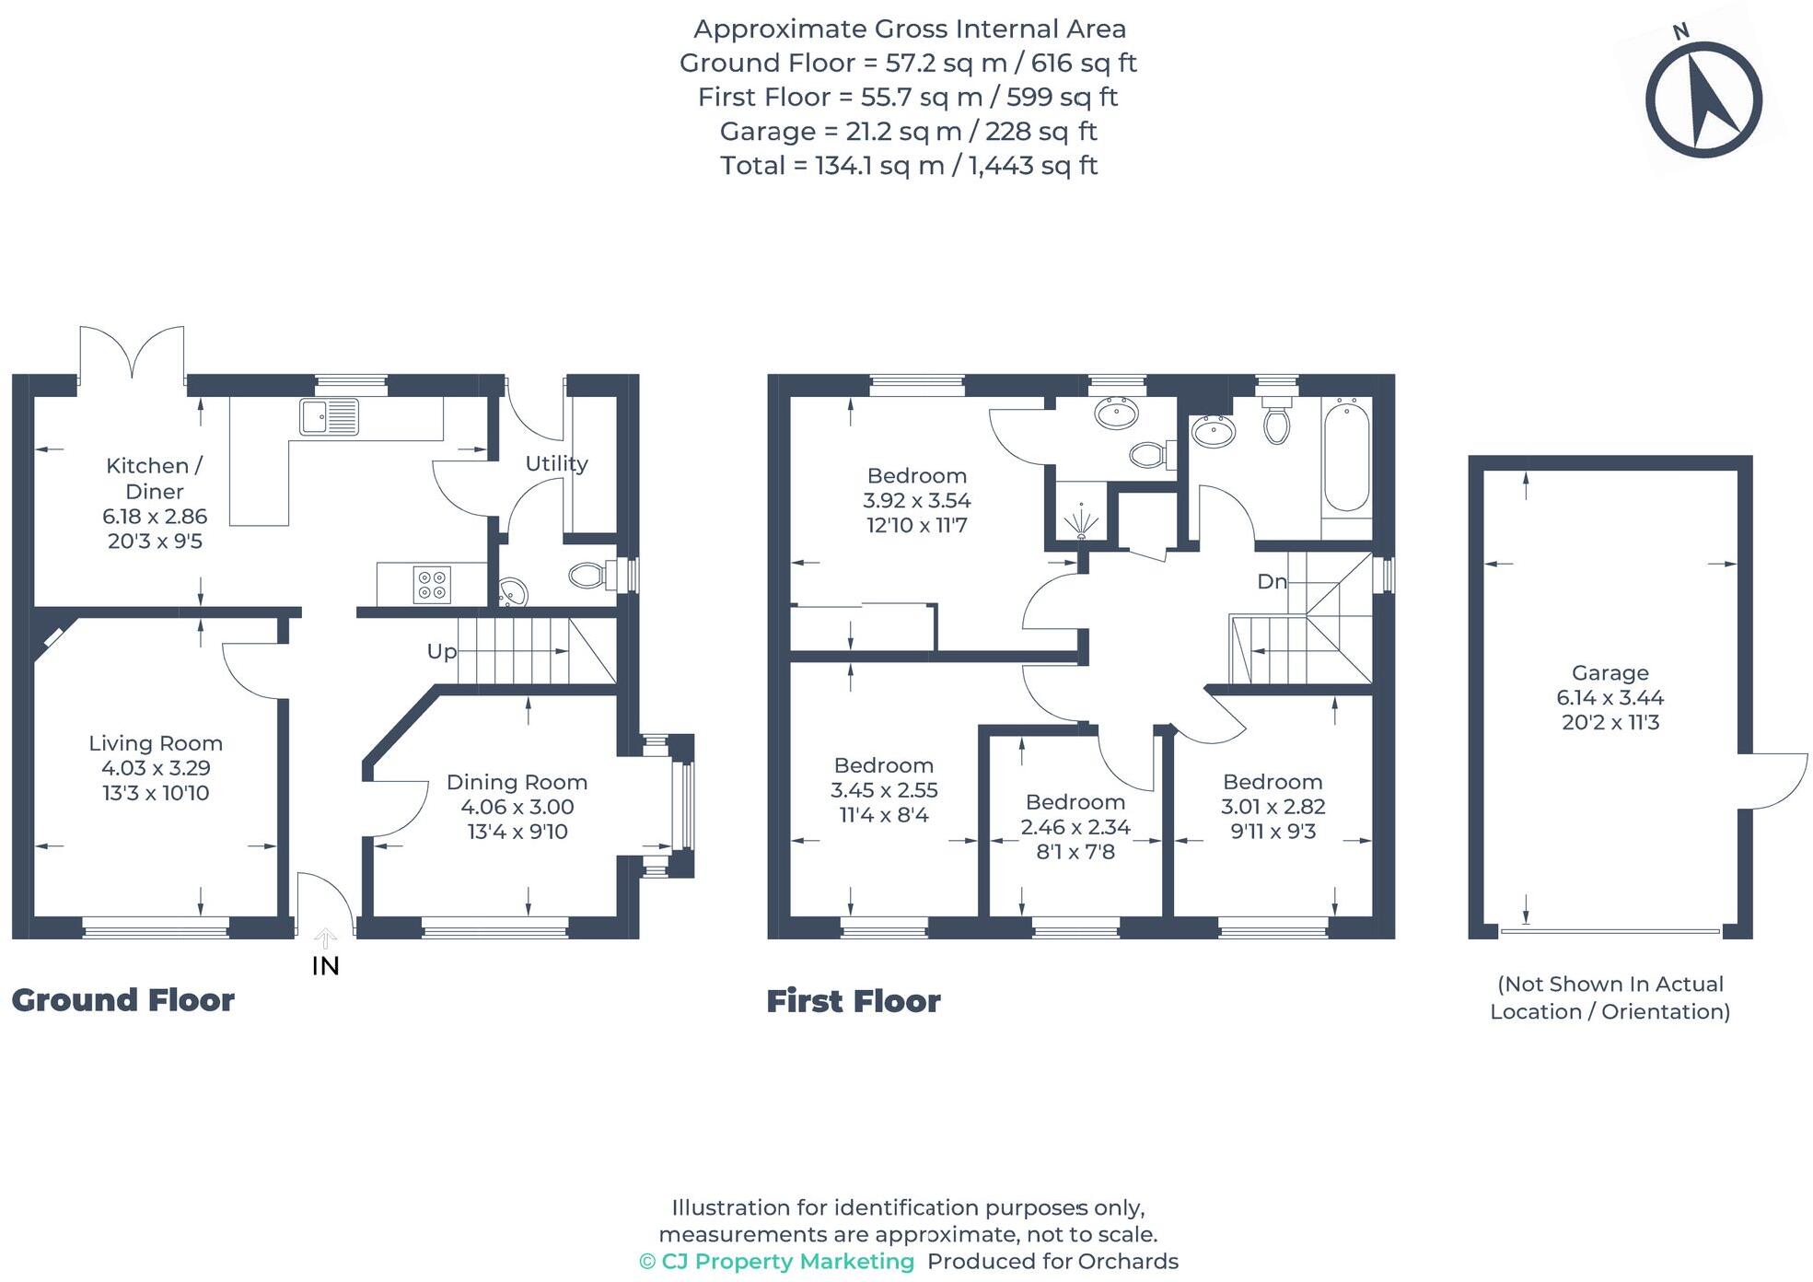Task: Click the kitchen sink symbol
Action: coord(329,416)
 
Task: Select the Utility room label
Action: coord(556,463)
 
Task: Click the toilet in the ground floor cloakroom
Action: coord(589,577)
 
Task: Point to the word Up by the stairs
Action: coord(441,651)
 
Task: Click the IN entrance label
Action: coord(325,966)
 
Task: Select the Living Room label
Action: coord(156,743)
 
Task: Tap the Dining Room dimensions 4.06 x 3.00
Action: coord(517,807)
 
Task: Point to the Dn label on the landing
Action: coord(1272,581)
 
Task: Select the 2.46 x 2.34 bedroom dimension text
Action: coord(1075,827)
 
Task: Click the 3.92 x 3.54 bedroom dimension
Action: coord(916,501)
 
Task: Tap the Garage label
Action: coord(1610,673)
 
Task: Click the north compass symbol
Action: coord(1703,99)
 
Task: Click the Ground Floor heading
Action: coord(122,1000)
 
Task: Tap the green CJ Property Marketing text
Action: coord(777,1262)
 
